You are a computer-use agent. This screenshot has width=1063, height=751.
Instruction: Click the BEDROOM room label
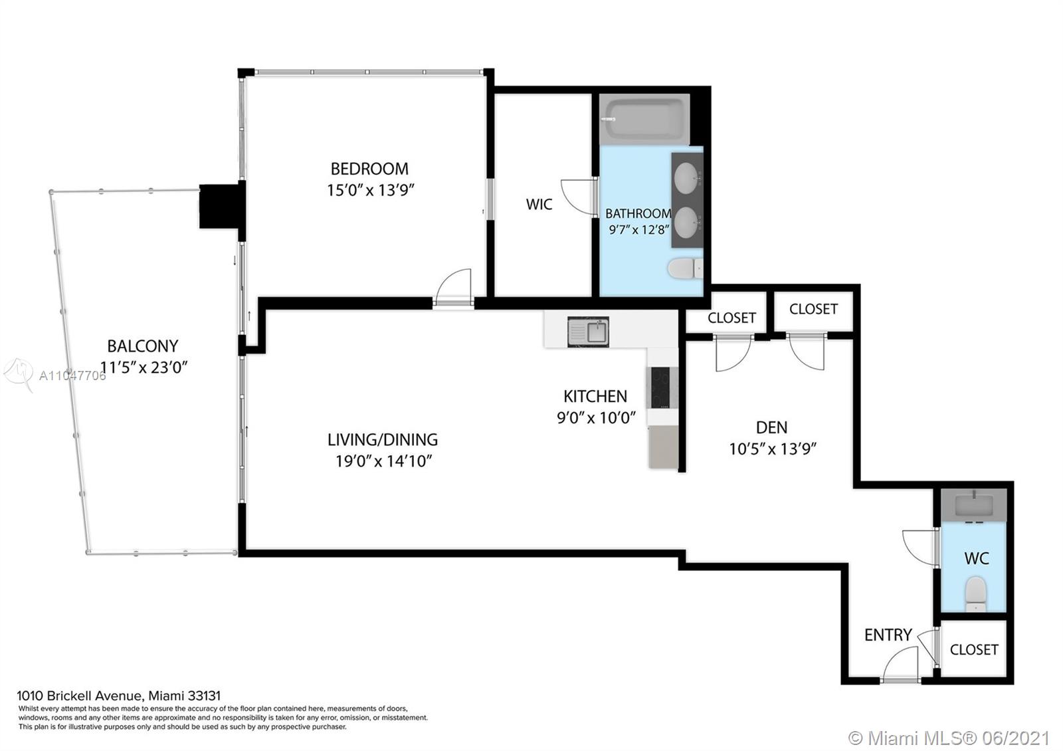pos(369,169)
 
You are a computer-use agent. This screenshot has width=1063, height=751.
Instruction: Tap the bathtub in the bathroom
pos(644,119)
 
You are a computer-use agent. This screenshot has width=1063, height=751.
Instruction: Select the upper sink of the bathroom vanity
pos(687,179)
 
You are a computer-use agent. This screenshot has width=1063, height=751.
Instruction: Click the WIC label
pos(539,204)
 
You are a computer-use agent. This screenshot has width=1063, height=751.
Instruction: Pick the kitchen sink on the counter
pos(588,332)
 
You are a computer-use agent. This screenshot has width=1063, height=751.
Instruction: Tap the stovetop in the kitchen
pos(660,387)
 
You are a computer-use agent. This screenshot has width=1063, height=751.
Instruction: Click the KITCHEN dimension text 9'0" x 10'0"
pos(596,418)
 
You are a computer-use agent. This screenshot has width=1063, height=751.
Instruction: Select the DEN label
pos(771,427)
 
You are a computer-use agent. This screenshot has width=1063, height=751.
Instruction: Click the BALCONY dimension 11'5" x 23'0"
pos(144,367)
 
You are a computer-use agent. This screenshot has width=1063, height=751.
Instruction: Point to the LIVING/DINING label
pos(383,439)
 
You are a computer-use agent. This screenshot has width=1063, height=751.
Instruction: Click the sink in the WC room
pos(973,505)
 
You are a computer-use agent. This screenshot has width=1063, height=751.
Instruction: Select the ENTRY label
pos(888,635)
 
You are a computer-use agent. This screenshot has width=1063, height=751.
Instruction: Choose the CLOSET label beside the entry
pos(974,649)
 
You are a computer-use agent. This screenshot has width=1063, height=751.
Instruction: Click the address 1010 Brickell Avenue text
pos(79,696)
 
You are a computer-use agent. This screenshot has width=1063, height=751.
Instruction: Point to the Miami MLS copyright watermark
pos(949,738)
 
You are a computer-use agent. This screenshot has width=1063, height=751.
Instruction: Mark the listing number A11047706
pos(72,376)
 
